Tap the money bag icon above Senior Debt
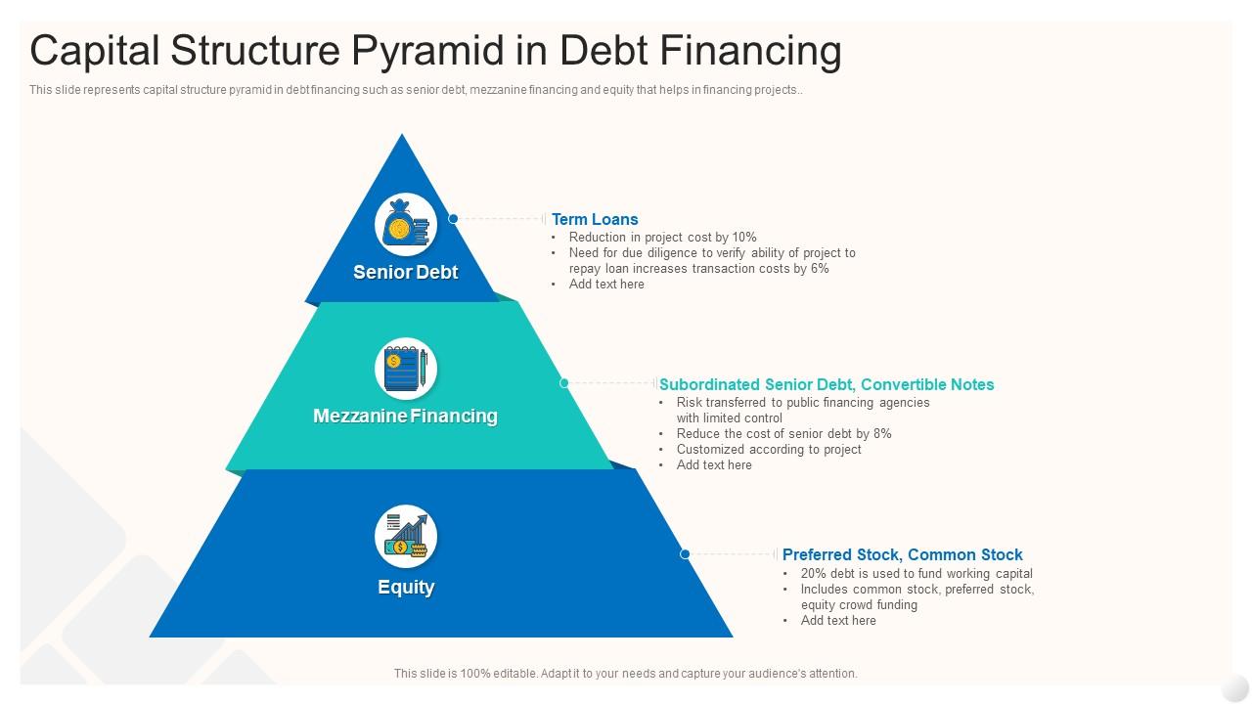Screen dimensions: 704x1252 [406, 225]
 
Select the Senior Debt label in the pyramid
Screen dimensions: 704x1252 [405, 272]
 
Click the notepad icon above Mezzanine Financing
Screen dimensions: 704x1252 [406, 369]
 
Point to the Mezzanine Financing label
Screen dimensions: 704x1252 [405, 416]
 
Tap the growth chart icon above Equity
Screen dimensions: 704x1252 [406, 536]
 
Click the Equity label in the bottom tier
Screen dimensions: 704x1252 [406, 587]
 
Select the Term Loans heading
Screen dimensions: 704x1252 [595, 219]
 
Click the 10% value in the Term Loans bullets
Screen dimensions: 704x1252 [744, 237]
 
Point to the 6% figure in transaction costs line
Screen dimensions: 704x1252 [820, 268]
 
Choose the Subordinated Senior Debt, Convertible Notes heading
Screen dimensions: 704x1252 [827, 384]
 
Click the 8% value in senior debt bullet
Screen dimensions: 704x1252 [880, 433]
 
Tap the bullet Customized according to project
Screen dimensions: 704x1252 [769, 449]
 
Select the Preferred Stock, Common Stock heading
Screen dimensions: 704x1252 [902, 554]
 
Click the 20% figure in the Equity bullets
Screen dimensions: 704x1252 [814, 573]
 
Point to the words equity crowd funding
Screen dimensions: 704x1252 [859, 604]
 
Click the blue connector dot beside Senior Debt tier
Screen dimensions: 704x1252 [453, 219]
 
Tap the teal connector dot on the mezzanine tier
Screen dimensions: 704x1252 [563, 383]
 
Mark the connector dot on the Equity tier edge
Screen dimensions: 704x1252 [685, 554]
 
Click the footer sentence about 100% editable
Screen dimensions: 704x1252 [625, 673]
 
